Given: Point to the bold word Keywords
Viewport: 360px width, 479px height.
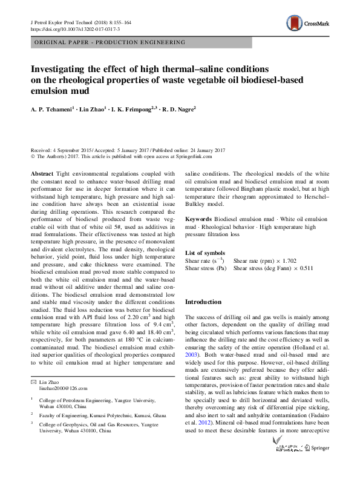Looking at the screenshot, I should tap(198, 217).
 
